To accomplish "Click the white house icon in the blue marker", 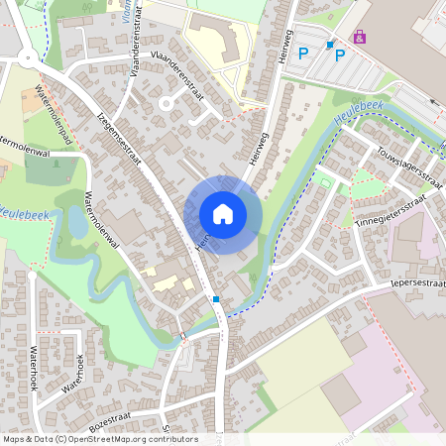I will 223,213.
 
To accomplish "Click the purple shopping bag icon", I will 360,37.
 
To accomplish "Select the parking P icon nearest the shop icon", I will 340,55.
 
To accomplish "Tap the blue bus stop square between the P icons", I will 330,45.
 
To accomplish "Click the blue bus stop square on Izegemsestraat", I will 215,298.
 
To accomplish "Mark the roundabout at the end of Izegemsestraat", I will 26,56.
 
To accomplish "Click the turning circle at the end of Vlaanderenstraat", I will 167,103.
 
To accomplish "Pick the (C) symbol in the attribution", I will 61,438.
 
